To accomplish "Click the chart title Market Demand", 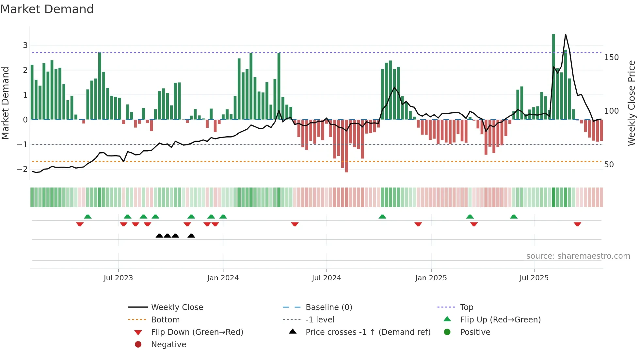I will coord(47,9).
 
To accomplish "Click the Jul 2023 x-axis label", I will coord(118,278).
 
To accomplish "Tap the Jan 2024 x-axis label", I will coord(223,278).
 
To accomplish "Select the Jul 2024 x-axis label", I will coord(326,278).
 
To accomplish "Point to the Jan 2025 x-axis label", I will coord(431,278).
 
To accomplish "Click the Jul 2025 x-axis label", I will coord(534,278).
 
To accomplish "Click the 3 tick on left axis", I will coord(25,45).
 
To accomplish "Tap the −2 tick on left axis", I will coord(22,169).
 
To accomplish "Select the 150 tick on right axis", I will coord(611,57).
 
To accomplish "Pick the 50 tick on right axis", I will coord(609,165).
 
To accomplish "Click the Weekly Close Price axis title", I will coord(632,103).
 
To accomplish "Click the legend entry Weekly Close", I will coord(177,307).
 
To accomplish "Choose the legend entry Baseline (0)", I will coord(328,307).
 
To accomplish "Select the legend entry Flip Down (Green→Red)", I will coord(197,332).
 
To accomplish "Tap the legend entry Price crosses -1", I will coord(368,332).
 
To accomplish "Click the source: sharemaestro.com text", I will coord(578,256).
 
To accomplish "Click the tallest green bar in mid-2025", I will coord(553,77).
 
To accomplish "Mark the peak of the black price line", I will coord(566,34).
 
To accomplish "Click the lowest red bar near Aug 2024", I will coord(346,146).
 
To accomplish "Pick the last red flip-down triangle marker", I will coord(577,224).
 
